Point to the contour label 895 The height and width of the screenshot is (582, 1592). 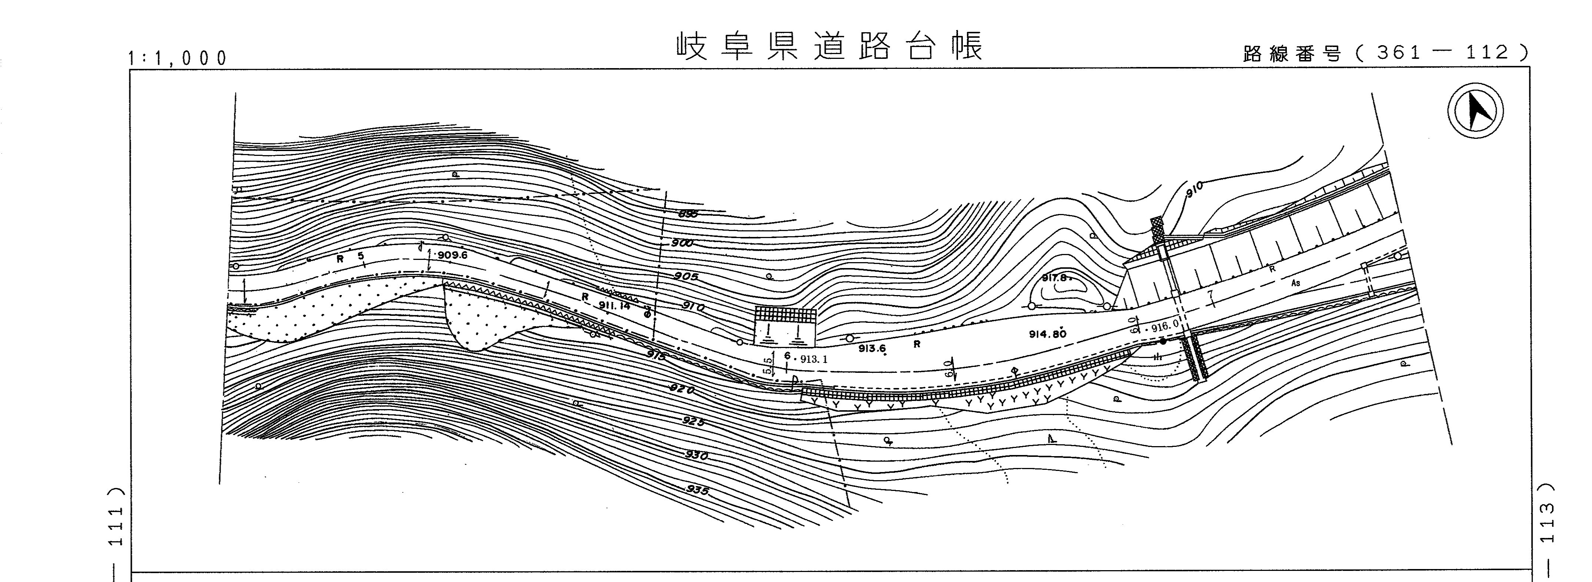[x=688, y=214]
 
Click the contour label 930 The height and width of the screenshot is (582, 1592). [x=696, y=455]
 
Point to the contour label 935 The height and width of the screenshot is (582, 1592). [x=697, y=490]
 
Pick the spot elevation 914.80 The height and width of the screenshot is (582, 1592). [x=1048, y=334]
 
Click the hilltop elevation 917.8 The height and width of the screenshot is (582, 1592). [x=1054, y=278]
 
